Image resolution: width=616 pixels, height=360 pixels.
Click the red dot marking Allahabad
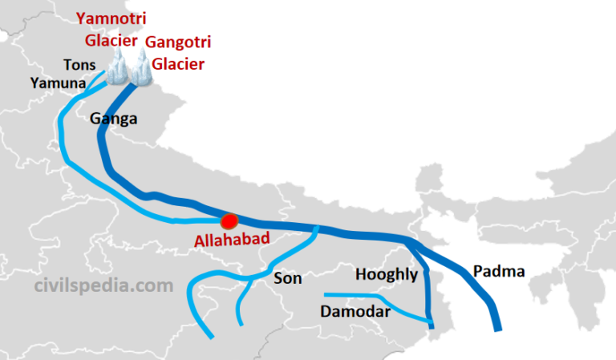click(229, 220)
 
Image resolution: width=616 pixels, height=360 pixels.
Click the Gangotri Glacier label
click(175, 51)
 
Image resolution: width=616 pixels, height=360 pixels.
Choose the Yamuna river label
click(55, 82)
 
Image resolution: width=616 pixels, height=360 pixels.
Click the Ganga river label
click(113, 119)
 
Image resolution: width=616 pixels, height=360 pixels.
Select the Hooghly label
click(388, 275)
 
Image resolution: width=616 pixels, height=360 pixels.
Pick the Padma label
click(499, 271)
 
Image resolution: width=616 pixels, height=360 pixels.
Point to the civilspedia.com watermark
click(103, 285)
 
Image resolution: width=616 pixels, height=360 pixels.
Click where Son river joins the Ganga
click(316, 229)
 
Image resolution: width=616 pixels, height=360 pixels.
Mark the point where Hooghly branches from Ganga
click(411, 240)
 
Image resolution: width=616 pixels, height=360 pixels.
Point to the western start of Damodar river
click(325, 294)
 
